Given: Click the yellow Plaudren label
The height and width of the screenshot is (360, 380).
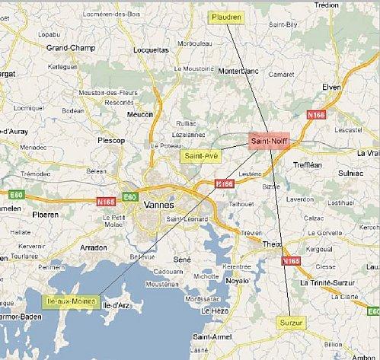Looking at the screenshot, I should [x=226, y=17].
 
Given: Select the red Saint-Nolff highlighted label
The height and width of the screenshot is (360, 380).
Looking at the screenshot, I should [x=269, y=141].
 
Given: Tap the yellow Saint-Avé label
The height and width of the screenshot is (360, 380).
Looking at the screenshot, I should [x=198, y=156].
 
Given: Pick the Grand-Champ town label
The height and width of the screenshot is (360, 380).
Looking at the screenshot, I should [x=71, y=48].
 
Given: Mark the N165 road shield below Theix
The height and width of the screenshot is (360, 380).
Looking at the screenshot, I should [x=291, y=261].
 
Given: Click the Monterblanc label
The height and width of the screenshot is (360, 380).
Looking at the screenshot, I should [x=239, y=72].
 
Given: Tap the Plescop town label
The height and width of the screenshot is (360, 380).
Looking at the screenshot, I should [x=111, y=140].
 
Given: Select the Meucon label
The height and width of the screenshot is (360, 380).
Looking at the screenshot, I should [x=139, y=114].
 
